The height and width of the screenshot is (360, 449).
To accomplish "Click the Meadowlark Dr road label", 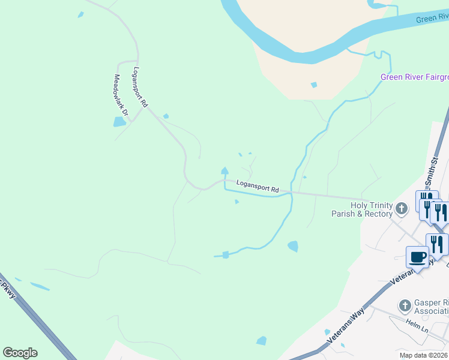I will pyautogui.click(x=122, y=95).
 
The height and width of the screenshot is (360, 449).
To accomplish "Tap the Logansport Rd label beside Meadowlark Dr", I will pyautogui.click(x=140, y=86).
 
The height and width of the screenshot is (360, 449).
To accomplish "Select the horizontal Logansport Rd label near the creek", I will pyautogui.click(x=258, y=187).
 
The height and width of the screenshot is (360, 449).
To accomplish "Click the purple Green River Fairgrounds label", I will pyautogui.click(x=414, y=77).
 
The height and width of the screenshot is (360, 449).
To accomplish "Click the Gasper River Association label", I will pyautogui.click(x=431, y=307).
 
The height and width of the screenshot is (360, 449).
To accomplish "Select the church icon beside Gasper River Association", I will pyautogui.click(x=405, y=306).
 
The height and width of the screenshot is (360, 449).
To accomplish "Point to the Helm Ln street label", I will pyautogui.click(x=416, y=329).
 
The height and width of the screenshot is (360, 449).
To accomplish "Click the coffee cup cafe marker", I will pyautogui.click(x=418, y=257).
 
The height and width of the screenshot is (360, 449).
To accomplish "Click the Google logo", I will pyautogui.click(x=20, y=353).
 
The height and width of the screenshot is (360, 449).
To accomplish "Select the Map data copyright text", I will pyautogui.click(x=424, y=355).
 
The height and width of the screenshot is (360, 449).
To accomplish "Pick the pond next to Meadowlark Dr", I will pyautogui.click(x=119, y=122).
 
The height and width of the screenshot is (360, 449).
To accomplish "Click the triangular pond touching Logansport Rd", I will pyautogui.click(x=224, y=171).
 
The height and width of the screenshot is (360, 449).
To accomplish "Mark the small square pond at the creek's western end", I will pyautogui.click(x=226, y=255).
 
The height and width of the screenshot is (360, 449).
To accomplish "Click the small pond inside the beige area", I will pyautogui.click(x=313, y=85).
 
